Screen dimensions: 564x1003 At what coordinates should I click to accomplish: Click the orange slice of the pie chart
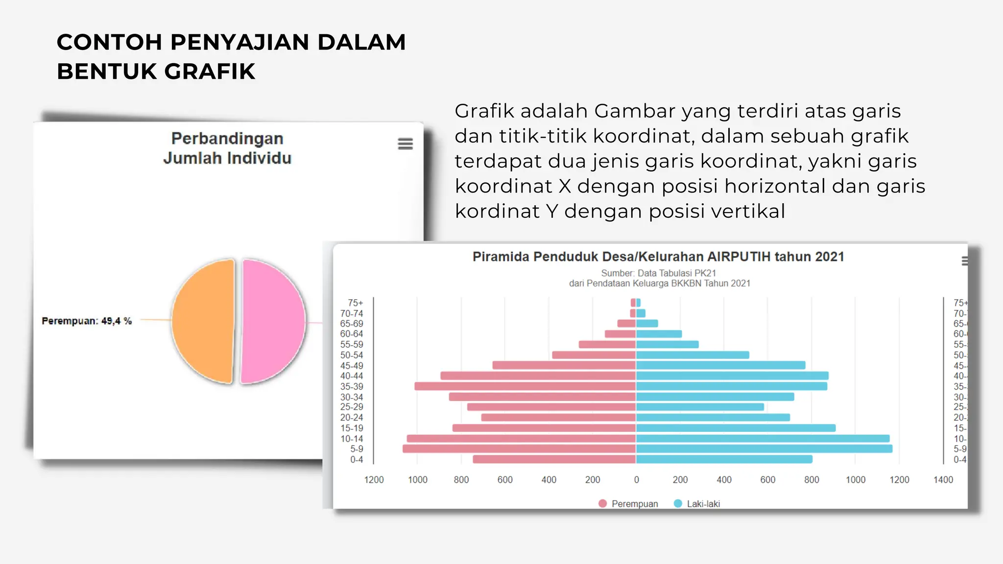[202, 321]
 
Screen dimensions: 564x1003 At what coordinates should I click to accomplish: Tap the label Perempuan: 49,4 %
[87, 321]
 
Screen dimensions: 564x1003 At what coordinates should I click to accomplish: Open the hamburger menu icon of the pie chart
[405, 143]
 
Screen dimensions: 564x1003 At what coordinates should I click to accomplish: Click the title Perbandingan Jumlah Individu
[227, 148]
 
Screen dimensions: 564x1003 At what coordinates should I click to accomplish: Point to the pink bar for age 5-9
[519, 449]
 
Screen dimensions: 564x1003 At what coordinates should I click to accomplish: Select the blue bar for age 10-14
[763, 439]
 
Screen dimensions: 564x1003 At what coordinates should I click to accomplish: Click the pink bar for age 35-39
[525, 386]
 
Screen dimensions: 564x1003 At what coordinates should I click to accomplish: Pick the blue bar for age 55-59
[667, 345]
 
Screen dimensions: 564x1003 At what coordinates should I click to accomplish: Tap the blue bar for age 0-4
[724, 460]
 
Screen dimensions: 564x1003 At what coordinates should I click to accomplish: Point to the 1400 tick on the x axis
[943, 480]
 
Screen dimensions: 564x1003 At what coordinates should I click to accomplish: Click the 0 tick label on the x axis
[636, 480]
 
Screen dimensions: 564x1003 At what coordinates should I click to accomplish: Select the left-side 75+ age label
[355, 303]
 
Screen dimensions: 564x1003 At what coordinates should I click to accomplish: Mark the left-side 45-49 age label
[352, 366]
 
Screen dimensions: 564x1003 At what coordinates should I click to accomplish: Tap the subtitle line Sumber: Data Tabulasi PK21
[658, 273]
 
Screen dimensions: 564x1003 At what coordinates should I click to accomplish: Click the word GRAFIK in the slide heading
[210, 71]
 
